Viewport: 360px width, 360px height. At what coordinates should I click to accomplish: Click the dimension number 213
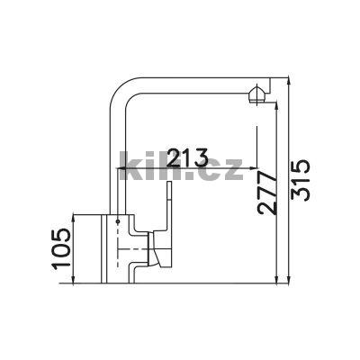coord(187,157)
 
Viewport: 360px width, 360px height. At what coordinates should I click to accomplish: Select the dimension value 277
coord(267,193)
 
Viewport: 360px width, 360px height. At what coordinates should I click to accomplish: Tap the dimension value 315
coord(300,180)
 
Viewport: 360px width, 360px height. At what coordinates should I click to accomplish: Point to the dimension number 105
coord(61,247)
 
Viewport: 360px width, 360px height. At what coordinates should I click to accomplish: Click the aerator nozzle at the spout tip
coord(256,94)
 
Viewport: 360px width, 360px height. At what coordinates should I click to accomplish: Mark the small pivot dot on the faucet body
coord(118,221)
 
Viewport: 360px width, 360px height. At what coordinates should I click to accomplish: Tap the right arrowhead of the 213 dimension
coord(254,168)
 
